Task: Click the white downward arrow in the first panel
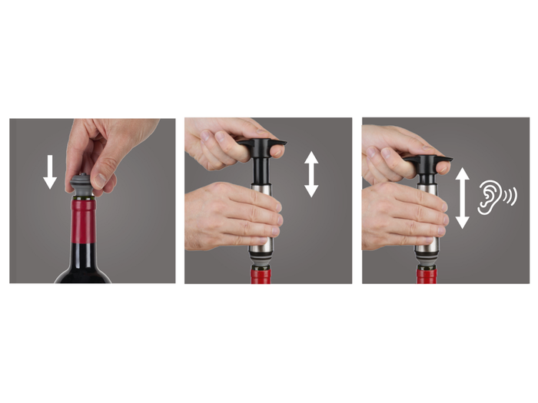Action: [x=50, y=171]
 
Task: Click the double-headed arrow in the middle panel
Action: [x=311, y=174]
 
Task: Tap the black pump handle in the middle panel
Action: [x=262, y=145]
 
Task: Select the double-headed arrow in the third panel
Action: [x=463, y=198]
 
